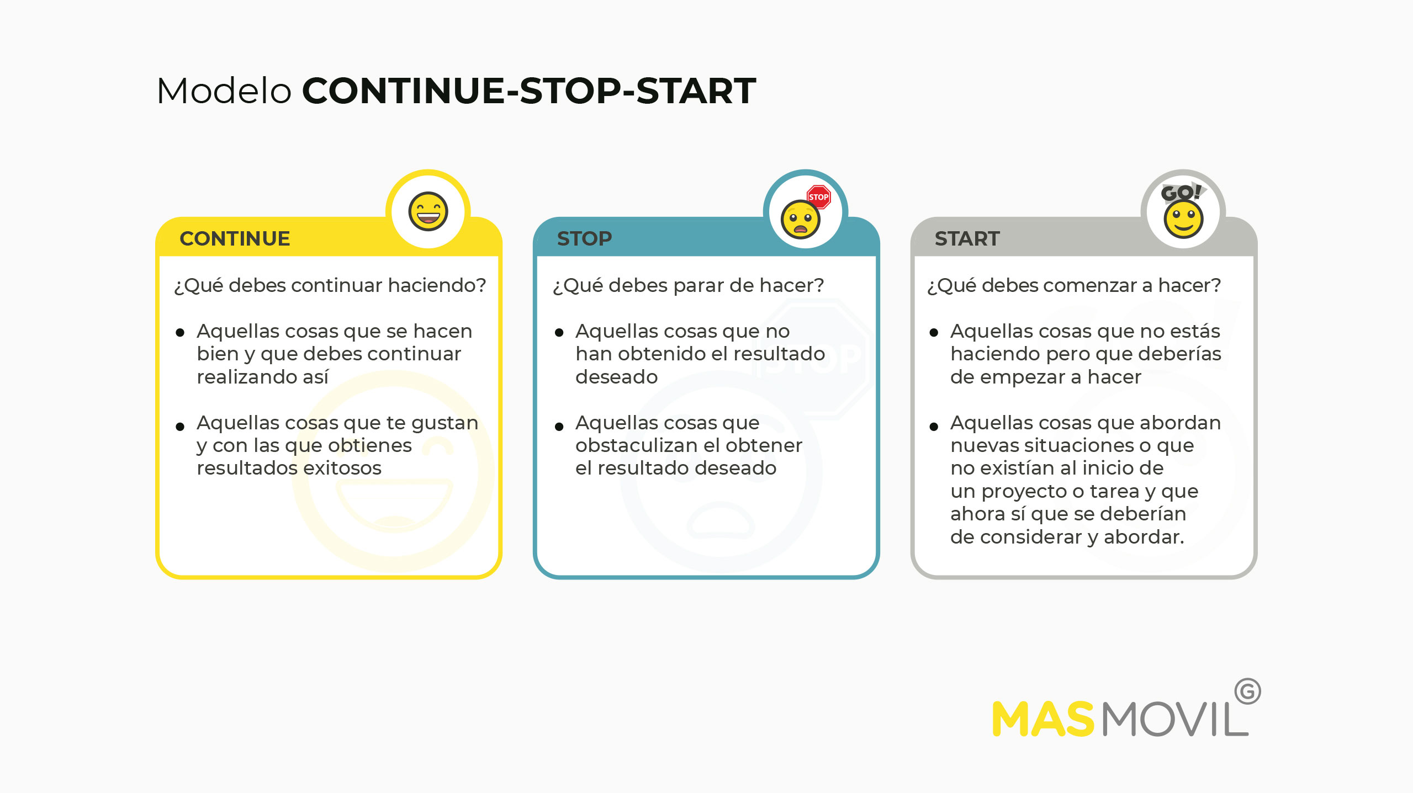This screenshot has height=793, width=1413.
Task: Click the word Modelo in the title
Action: coord(224,91)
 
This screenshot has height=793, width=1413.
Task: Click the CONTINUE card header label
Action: coord(235,238)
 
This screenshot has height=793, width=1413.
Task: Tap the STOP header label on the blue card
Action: coord(584,238)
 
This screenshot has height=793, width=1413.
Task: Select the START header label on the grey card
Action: coord(967,238)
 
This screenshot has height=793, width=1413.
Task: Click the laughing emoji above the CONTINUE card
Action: coord(428,211)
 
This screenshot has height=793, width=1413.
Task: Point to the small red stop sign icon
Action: coord(818,197)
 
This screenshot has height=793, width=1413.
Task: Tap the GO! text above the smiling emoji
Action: coord(1181,192)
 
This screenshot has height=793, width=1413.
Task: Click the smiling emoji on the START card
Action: coord(1183,219)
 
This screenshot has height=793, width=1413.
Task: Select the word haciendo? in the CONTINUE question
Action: coord(437,285)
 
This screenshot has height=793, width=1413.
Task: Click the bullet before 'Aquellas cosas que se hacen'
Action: coord(180,332)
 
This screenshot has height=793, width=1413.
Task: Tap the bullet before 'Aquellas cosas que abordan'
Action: coord(934,427)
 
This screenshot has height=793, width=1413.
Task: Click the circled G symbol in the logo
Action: coord(1247,691)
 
